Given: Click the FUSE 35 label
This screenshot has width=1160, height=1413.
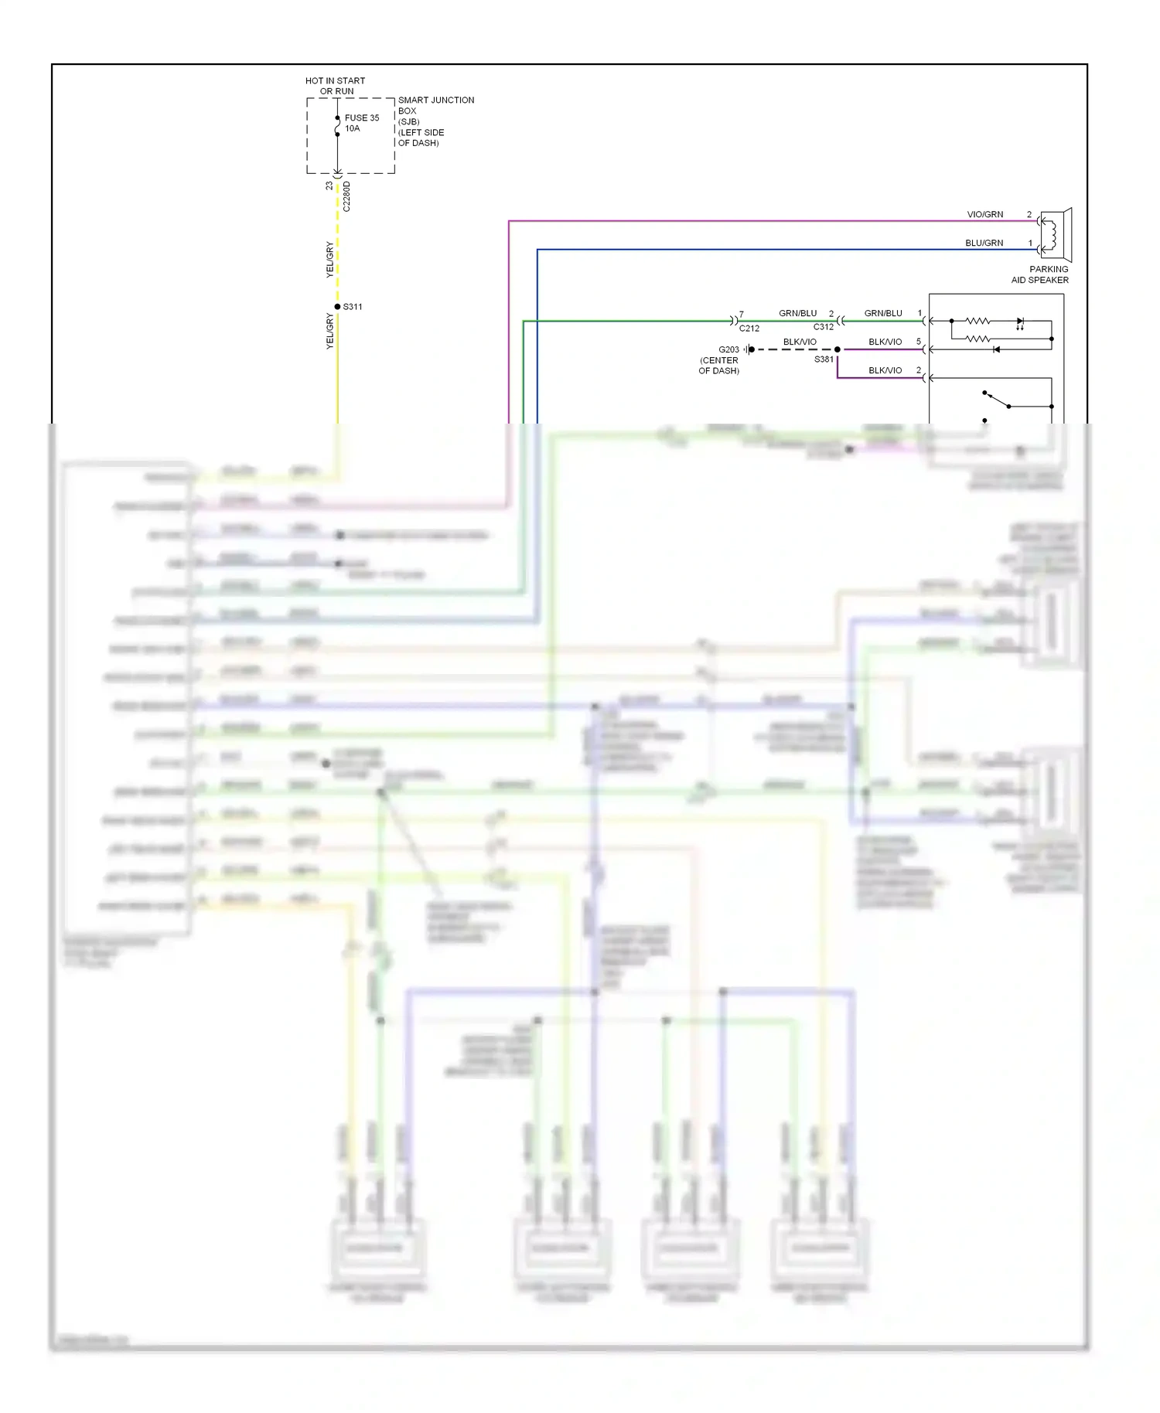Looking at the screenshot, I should pyautogui.click(x=361, y=118).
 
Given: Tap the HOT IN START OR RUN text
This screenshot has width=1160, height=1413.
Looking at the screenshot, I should pyautogui.click(x=335, y=86).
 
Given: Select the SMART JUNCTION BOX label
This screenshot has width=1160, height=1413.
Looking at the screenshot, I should pyautogui.click(x=435, y=105).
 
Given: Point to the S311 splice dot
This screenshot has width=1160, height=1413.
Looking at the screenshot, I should pyautogui.click(x=337, y=307).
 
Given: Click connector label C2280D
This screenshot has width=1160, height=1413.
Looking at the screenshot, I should pyautogui.click(x=347, y=197).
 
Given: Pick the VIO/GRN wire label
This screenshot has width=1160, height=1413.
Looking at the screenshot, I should pyautogui.click(x=984, y=215).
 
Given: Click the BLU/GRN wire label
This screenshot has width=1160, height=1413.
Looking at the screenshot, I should pyautogui.click(x=984, y=243).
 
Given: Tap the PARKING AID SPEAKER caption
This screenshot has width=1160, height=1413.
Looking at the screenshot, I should pyautogui.click(x=1040, y=275).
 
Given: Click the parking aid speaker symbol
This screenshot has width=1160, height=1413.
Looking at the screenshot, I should pyautogui.click(x=1056, y=235).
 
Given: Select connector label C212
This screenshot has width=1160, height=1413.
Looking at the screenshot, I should pyautogui.click(x=749, y=329).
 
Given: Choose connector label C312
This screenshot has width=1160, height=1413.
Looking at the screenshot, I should pyautogui.click(x=824, y=327).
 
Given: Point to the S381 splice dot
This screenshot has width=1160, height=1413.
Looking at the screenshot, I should pyautogui.click(x=838, y=349).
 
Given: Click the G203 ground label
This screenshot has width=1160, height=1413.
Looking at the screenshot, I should pyautogui.click(x=728, y=350).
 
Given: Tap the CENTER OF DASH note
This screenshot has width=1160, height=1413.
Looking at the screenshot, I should pyautogui.click(x=718, y=366).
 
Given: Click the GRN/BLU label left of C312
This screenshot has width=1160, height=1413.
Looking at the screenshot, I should pyautogui.click(x=797, y=314).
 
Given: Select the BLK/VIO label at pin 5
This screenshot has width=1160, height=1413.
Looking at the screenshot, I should pyautogui.click(x=885, y=342).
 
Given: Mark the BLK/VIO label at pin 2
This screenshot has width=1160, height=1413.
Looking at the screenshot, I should pyautogui.click(x=885, y=371).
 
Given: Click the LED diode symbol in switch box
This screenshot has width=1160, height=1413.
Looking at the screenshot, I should pyautogui.click(x=1020, y=321).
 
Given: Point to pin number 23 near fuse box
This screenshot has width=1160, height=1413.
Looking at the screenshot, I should pyautogui.click(x=329, y=186).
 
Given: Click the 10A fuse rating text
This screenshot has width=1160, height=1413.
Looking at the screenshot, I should pyautogui.click(x=352, y=129).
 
